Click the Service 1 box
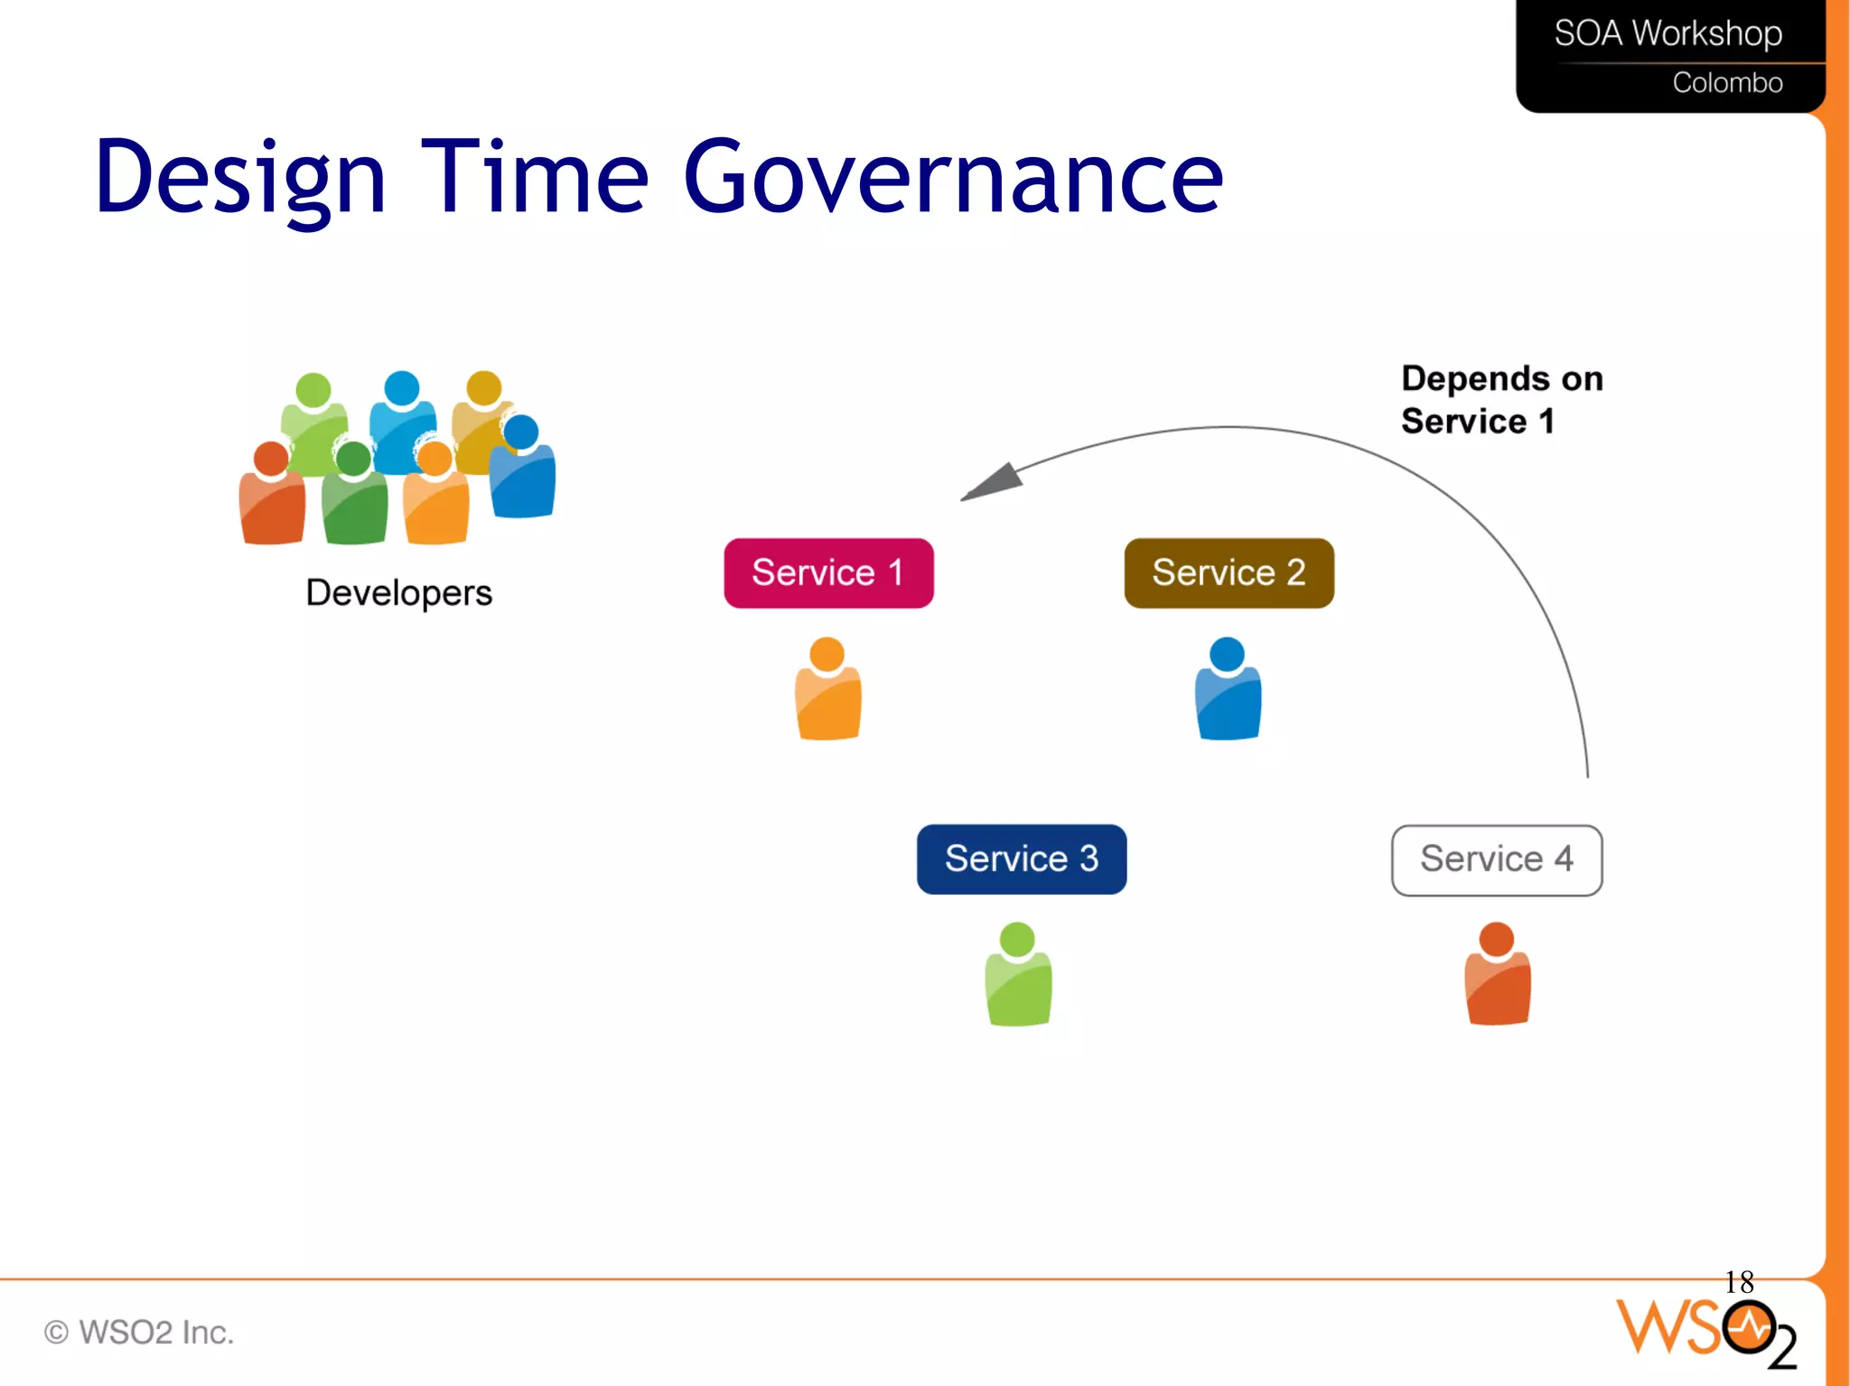click(x=828, y=573)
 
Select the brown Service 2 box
click(x=1229, y=573)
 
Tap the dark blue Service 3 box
click(x=1021, y=859)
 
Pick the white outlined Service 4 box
click(x=1497, y=860)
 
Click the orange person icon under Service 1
click(x=827, y=691)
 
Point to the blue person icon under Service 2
click(x=1228, y=691)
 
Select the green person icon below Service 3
click(x=1018, y=976)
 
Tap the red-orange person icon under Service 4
click(x=1497, y=976)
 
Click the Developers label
click(x=398, y=593)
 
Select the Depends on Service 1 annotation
click(x=1501, y=400)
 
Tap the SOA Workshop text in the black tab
click(x=1668, y=33)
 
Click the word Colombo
click(x=1726, y=83)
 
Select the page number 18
click(x=1738, y=1281)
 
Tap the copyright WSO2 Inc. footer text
click(x=140, y=1332)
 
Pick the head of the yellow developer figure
click(x=484, y=388)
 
